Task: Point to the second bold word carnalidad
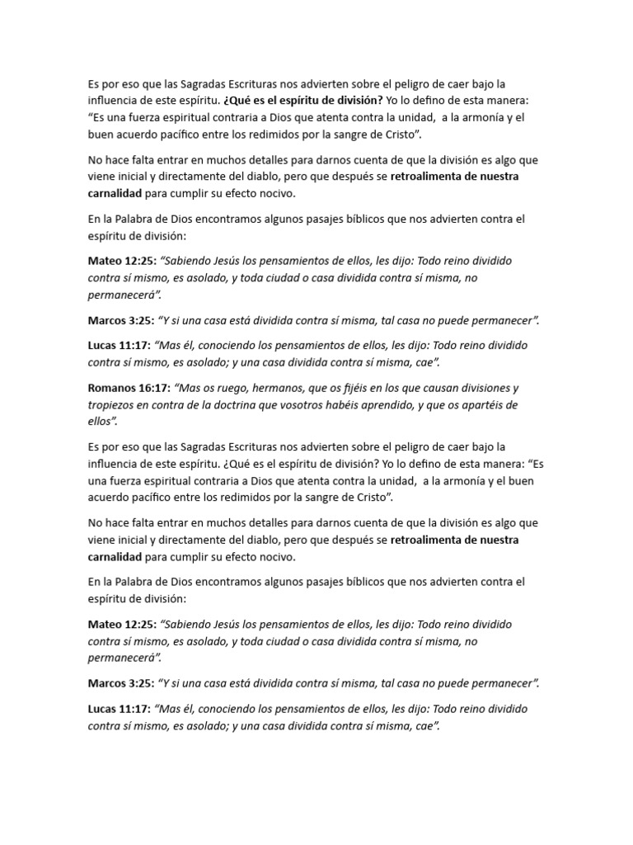116,556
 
